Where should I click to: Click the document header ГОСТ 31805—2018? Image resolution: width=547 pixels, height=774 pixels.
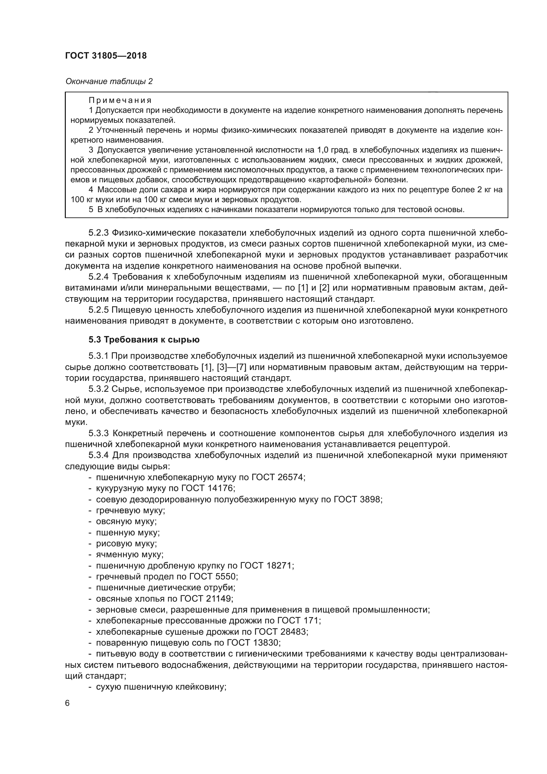[106, 56]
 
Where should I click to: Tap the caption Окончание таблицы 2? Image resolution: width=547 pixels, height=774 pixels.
[109, 81]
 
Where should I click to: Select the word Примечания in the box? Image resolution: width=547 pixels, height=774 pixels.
[120, 101]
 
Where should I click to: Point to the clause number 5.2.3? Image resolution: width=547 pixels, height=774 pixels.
[99, 233]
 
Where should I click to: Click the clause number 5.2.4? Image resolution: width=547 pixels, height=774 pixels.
[99, 277]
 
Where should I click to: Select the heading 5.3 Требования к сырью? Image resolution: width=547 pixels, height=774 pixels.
[144, 340]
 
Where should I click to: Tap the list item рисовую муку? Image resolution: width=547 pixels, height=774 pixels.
[126, 544]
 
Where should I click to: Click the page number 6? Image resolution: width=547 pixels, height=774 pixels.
[67, 704]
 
